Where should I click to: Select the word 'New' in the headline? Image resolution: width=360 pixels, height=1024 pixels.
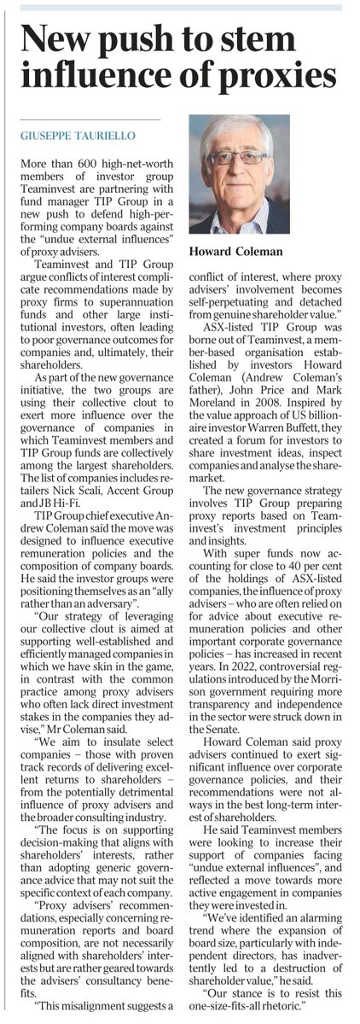tap(56, 37)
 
